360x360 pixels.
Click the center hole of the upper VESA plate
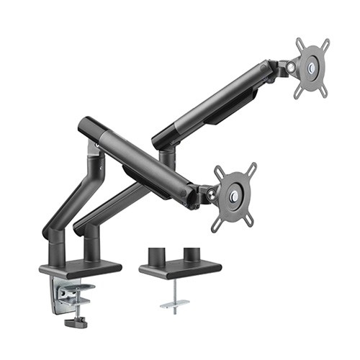(311, 69)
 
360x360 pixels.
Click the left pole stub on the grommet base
(153, 257)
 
